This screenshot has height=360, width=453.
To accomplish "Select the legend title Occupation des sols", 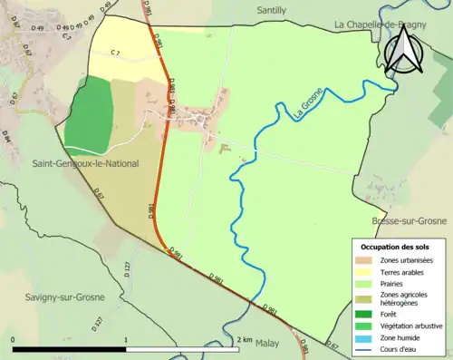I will (397, 246).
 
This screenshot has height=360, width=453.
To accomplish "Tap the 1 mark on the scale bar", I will (125, 339).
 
